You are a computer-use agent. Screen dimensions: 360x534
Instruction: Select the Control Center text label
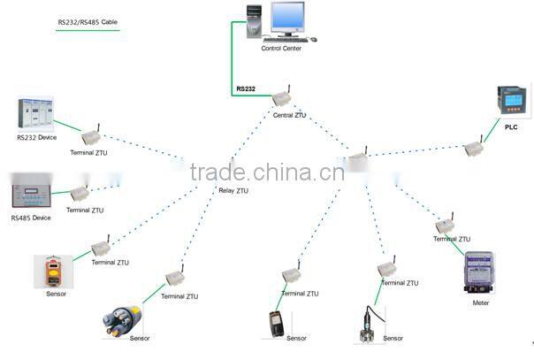click(280, 49)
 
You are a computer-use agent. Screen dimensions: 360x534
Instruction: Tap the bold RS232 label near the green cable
click(245, 88)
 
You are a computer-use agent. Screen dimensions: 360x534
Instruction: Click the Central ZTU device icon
click(282, 97)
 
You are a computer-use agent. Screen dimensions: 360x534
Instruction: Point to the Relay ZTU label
click(233, 190)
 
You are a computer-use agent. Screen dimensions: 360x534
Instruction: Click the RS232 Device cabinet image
click(36, 114)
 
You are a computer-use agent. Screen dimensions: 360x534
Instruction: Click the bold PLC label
click(511, 127)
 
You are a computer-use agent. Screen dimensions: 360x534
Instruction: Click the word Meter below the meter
click(481, 302)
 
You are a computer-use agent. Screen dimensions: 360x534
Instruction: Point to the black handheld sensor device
click(276, 324)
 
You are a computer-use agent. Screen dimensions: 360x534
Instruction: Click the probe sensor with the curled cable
click(368, 321)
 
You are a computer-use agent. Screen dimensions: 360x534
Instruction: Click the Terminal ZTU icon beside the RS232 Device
click(90, 137)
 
